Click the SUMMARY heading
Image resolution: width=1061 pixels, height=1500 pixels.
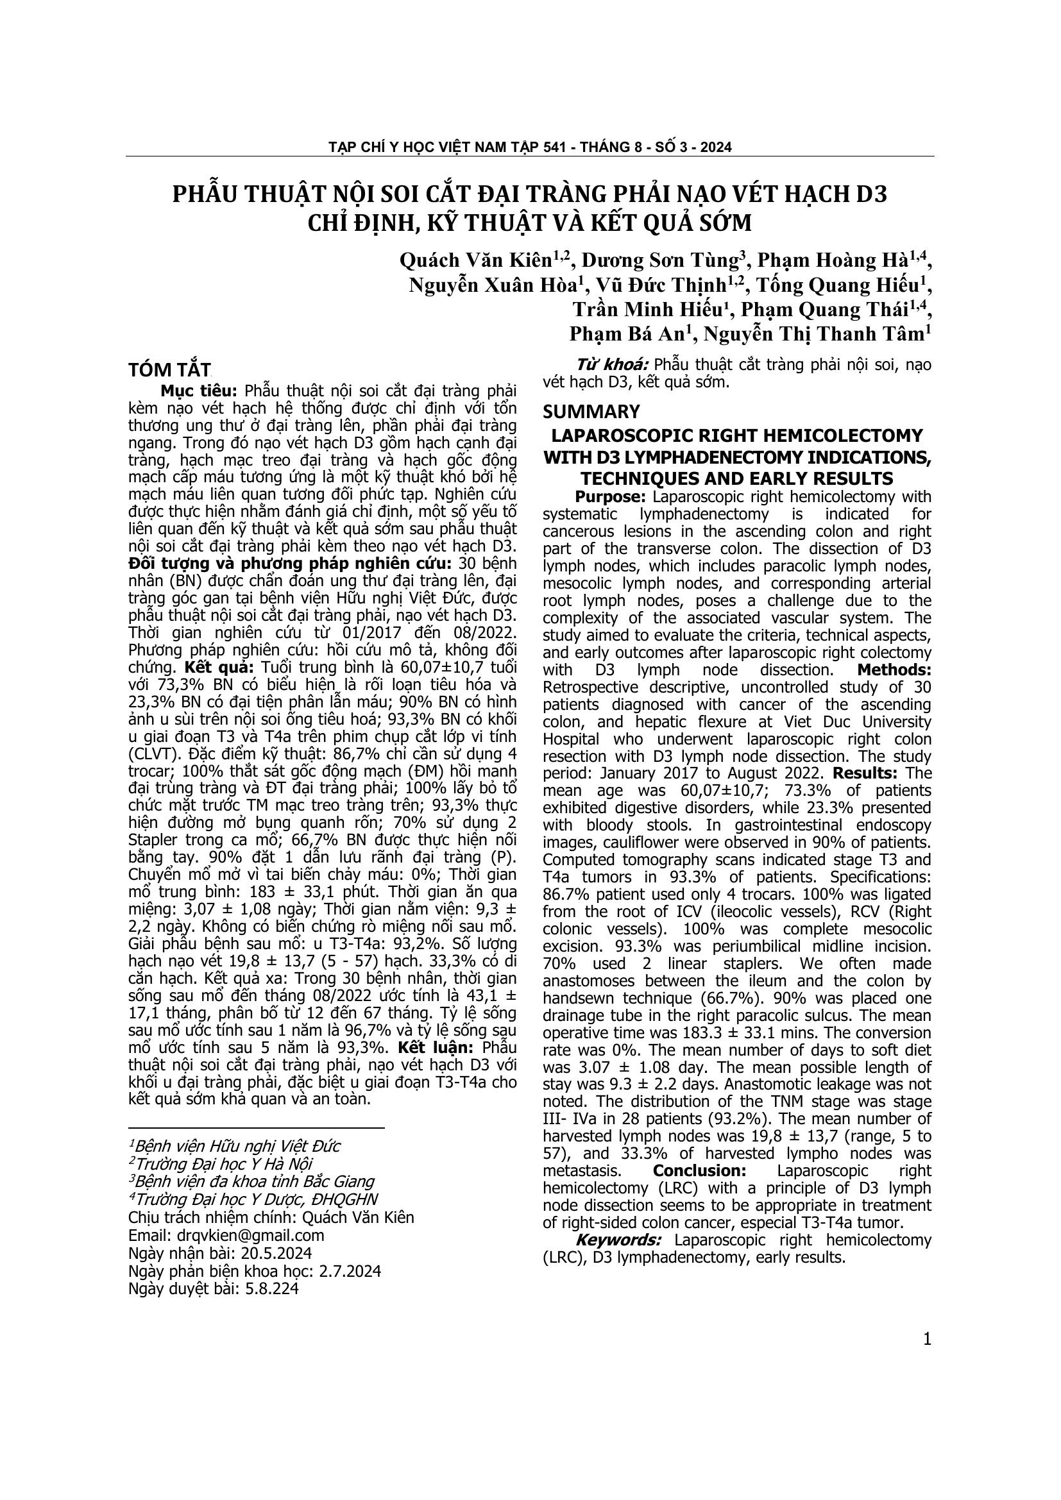click(x=591, y=412)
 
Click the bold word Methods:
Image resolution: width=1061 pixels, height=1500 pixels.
click(x=894, y=670)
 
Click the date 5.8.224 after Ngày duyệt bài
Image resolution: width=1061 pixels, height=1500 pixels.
click(x=271, y=1288)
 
